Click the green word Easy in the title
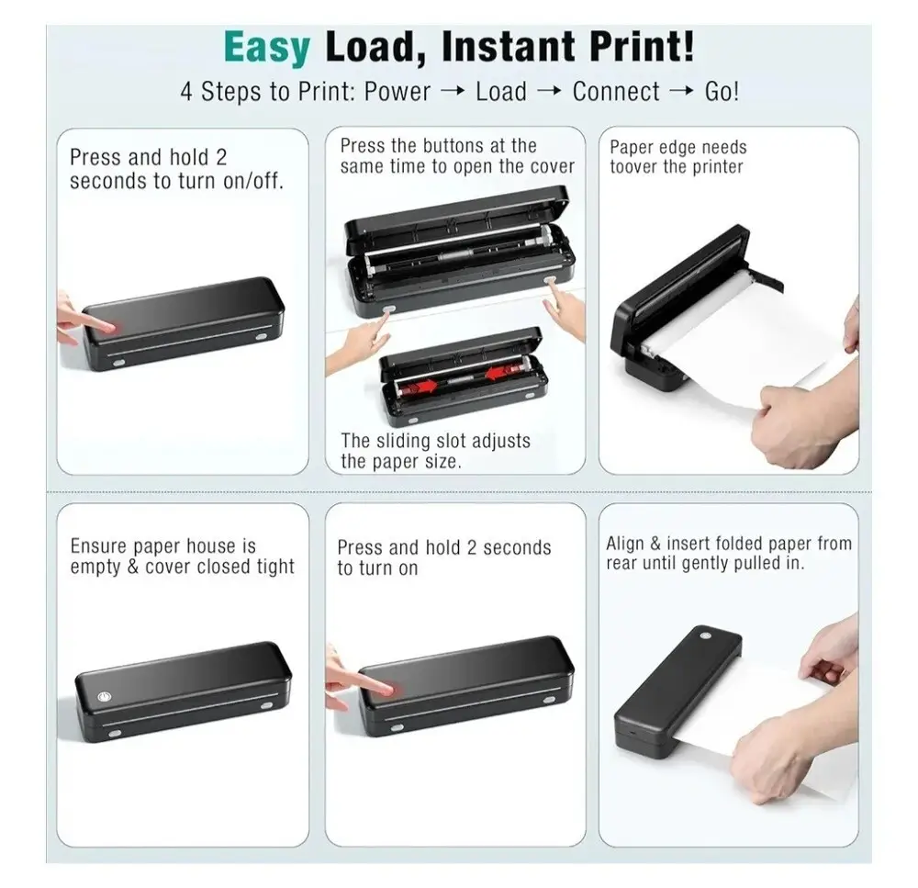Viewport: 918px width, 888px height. coord(266,48)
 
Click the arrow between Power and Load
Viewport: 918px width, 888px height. coord(453,91)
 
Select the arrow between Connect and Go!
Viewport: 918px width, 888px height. coord(681,91)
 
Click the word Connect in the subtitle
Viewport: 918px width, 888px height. coord(616,92)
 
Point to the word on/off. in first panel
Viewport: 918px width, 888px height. coord(253,181)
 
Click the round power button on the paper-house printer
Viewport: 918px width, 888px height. coord(105,697)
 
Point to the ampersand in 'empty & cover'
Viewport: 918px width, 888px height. coord(133,567)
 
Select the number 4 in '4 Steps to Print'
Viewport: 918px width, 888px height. coord(186,92)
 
